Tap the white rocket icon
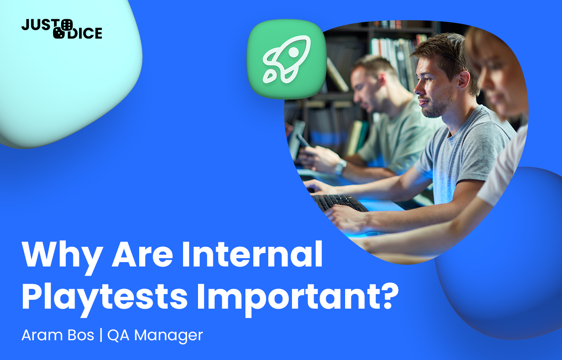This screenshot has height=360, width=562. click(x=287, y=59)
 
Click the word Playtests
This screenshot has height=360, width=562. click(x=104, y=298)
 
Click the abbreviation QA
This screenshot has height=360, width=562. click(x=119, y=335)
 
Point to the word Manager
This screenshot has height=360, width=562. click(x=169, y=336)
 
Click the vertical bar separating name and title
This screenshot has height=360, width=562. click(x=101, y=335)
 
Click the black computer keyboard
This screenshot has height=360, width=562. click(x=339, y=203)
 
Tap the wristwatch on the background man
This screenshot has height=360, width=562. click(x=340, y=167)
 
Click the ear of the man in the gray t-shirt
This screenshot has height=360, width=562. click(x=463, y=79)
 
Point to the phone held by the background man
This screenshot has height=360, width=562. click(x=303, y=141)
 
